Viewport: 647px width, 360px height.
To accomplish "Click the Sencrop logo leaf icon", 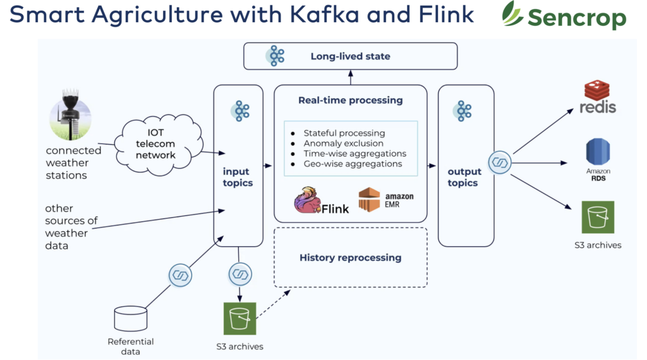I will click(x=512, y=13).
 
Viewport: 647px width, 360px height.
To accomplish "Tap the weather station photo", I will click(x=70, y=119).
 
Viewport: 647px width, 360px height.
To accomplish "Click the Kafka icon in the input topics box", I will click(x=240, y=111).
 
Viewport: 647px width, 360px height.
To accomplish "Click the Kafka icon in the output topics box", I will click(x=464, y=111).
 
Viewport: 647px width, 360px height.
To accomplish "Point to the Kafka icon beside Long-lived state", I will click(x=275, y=56).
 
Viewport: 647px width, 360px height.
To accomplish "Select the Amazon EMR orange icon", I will click(x=369, y=200).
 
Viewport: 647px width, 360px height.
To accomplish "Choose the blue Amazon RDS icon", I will click(x=598, y=152).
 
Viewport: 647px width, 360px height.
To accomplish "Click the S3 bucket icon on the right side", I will click(x=598, y=217).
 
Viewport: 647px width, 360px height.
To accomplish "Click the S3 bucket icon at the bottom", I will click(x=239, y=318).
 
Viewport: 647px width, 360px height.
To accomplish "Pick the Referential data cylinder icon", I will click(x=131, y=319).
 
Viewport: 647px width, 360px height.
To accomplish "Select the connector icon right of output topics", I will click(x=499, y=162).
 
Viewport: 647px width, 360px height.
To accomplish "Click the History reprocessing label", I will click(x=350, y=258).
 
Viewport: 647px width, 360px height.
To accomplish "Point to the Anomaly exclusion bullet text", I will click(x=343, y=143).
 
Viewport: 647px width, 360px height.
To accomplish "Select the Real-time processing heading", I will click(x=350, y=100).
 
